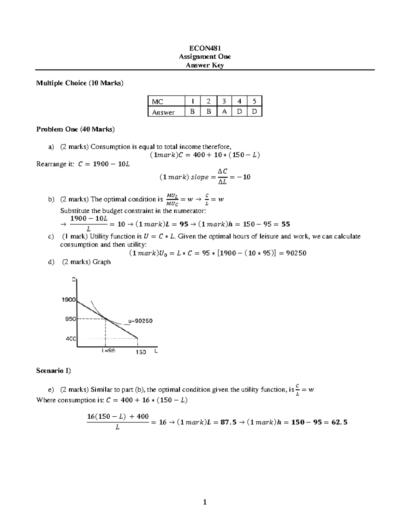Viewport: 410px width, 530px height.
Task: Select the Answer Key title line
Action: (205, 65)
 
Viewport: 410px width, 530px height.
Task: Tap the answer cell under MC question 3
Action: (224, 112)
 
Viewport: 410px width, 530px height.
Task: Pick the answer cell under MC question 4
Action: (239, 112)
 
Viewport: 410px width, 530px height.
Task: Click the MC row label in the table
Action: (158, 102)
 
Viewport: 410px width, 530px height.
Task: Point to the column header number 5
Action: (254, 101)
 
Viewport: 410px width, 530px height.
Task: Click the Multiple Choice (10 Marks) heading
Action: (80, 83)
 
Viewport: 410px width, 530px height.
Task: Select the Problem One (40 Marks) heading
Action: (76, 129)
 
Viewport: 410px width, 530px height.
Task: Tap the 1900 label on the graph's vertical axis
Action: (68, 300)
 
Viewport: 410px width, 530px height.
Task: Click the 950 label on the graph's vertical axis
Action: (70, 319)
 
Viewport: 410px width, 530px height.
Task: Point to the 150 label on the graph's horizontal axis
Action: (141, 352)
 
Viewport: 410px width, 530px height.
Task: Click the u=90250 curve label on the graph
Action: (140, 321)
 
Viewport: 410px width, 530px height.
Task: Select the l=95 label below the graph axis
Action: (108, 351)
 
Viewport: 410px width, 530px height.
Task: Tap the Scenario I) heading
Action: (53, 371)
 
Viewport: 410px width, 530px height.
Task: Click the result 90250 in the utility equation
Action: (296, 253)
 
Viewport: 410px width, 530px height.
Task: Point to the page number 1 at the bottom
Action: (205, 502)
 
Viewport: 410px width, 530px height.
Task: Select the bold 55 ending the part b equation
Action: (286, 224)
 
